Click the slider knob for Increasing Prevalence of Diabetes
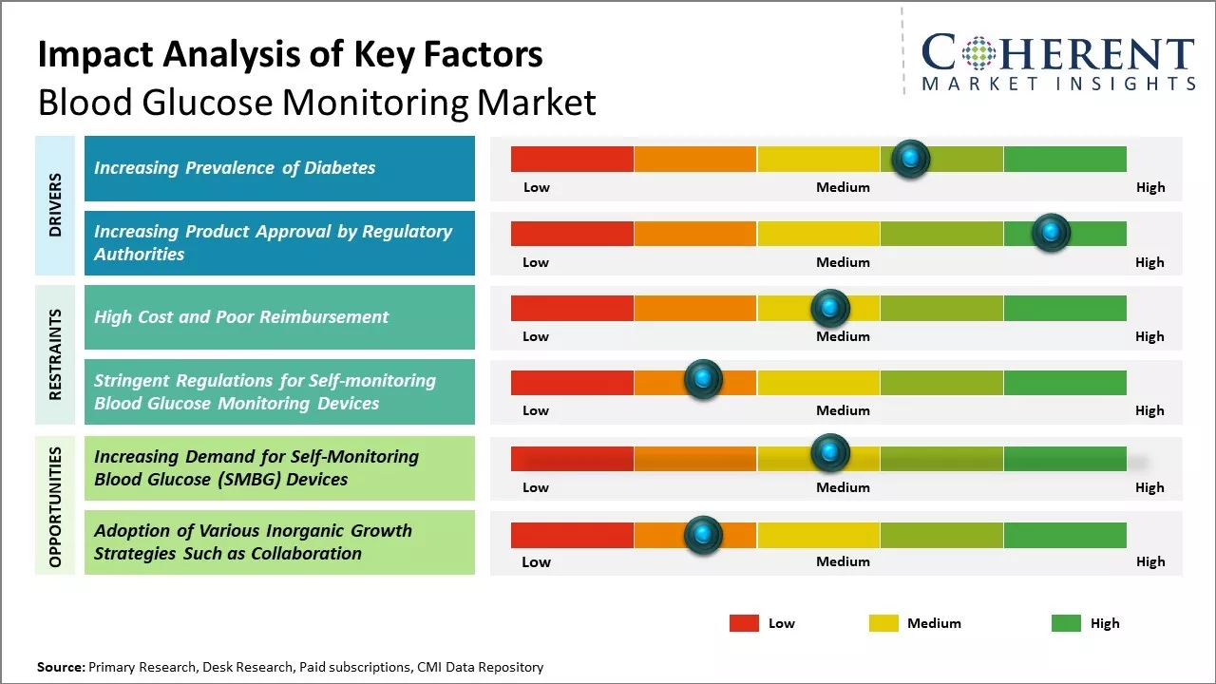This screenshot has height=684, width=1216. click(911, 159)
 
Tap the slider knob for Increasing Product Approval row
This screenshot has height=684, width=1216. click(1051, 233)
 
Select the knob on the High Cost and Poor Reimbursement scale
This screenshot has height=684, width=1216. click(829, 308)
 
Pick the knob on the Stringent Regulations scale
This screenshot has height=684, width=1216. click(703, 380)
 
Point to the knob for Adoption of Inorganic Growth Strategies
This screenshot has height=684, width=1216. click(703, 535)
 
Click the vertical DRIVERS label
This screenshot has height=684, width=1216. click(55, 205)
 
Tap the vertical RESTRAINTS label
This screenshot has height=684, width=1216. click(55, 354)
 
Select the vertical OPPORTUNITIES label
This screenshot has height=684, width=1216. click(55, 506)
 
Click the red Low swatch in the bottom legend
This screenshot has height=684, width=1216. click(744, 623)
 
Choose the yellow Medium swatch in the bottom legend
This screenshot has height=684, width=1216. click(883, 623)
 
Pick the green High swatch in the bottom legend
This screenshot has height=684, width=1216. click(1066, 623)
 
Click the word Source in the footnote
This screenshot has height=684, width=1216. click(60, 667)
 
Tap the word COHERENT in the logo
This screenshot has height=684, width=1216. click(1058, 53)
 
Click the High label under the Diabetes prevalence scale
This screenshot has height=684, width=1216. click(1149, 187)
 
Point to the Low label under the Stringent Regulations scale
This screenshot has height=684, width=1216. click(536, 410)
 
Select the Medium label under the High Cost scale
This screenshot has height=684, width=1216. click(843, 336)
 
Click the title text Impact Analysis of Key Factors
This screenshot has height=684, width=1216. click(290, 55)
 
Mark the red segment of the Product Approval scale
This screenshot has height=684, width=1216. click(572, 234)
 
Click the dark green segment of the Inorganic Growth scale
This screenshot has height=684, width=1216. click(1064, 536)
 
